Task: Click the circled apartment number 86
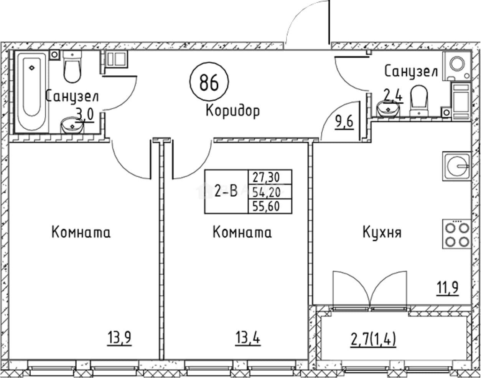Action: click(209, 82)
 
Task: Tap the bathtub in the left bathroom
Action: click(32, 91)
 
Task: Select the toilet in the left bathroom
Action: click(72, 67)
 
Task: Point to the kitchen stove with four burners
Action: click(457, 234)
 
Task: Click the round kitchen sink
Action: click(457, 166)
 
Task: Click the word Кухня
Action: click(382, 232)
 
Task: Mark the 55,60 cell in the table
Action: click(270, 206)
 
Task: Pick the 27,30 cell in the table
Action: click(270, 177)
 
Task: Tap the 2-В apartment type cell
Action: click(226, 192)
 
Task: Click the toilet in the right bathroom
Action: click(419, 101)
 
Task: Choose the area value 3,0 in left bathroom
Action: click(84, 114)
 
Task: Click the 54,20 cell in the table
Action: click(270, 192)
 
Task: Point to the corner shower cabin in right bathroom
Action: click(456, 66)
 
